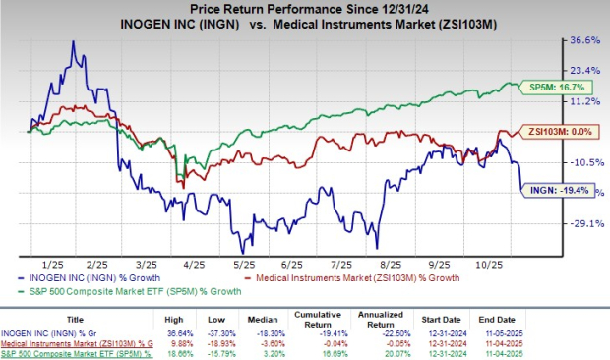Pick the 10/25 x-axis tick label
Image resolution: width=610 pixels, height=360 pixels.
484,265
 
